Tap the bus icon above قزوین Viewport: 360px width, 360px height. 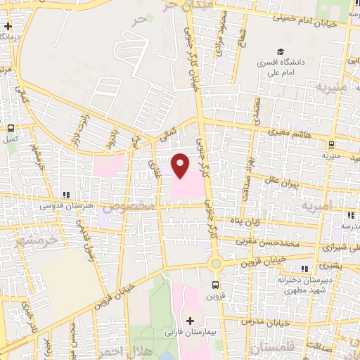click(215, 285)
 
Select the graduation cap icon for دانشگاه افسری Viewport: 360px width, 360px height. click(281, 51)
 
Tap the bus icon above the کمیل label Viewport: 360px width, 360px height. click(11, 129)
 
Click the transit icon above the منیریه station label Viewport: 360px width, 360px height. click(330, 146)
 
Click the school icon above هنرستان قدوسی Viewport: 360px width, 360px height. click(65, 195)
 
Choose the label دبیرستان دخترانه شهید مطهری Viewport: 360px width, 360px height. click(304, 283)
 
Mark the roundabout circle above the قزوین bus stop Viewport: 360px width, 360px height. click(215, 264)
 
